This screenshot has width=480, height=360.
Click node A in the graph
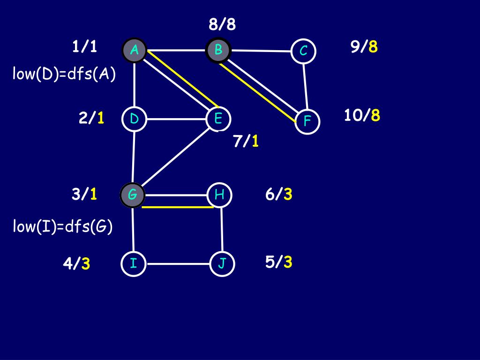135,50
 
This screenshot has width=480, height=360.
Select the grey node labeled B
218,50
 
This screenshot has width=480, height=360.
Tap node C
303,51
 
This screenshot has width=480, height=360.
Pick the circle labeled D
135,119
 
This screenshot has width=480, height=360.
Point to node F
307,121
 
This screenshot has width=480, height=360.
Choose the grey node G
133,194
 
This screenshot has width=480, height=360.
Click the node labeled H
219,194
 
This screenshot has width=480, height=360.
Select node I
134,263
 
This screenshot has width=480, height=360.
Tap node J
222,264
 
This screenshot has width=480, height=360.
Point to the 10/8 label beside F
362,115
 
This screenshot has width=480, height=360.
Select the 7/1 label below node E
246,141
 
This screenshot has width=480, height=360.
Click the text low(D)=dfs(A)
64,75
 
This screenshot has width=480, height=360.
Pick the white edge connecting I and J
178,264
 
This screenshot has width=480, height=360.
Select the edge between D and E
177,119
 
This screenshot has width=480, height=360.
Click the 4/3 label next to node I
76,264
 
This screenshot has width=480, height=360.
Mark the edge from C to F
305,86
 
